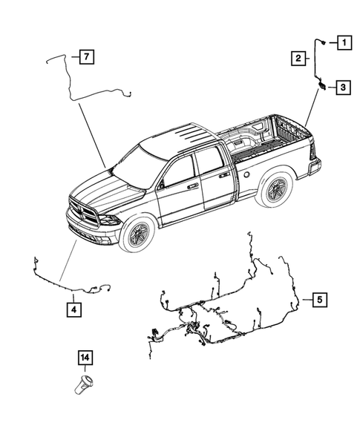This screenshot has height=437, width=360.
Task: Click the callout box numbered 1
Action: (x=344, y=42)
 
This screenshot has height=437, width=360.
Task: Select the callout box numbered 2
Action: (x=297, y=57)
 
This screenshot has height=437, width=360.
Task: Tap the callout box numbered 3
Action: (x=344, y=88)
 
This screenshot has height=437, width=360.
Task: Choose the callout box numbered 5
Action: (x=318, y=300)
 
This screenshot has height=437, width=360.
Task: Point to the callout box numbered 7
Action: (x=86, y=56)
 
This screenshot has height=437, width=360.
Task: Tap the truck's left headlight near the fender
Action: (x=109, y=220)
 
